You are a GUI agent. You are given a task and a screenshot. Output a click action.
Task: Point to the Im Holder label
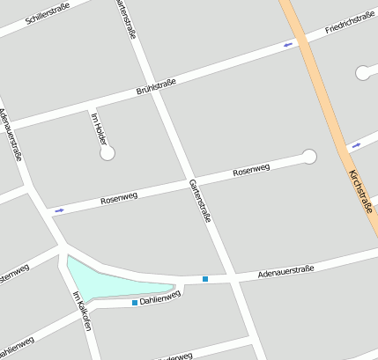(x=99, y=129)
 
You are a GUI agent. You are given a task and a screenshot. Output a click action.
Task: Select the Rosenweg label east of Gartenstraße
(x=251, y=171)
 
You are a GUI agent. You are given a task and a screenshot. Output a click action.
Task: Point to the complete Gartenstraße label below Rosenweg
(x=200, y=200)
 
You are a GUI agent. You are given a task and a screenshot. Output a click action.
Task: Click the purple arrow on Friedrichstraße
(x=288, y=44)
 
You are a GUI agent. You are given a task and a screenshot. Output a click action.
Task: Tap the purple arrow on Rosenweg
(x=59, y=210)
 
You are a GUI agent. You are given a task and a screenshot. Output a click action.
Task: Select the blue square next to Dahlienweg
(x=135, y=303)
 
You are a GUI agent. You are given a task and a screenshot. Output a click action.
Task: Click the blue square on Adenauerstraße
(x=205, y=279)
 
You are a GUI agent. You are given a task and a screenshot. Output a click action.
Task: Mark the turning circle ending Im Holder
(x=107, y=153)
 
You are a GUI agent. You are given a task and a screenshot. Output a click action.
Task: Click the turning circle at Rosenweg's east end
(x=309, y=157)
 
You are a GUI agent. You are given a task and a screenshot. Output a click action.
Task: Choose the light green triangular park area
(x=110, y=280)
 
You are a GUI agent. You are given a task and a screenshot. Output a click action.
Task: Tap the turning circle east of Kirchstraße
(x=363, y=73)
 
